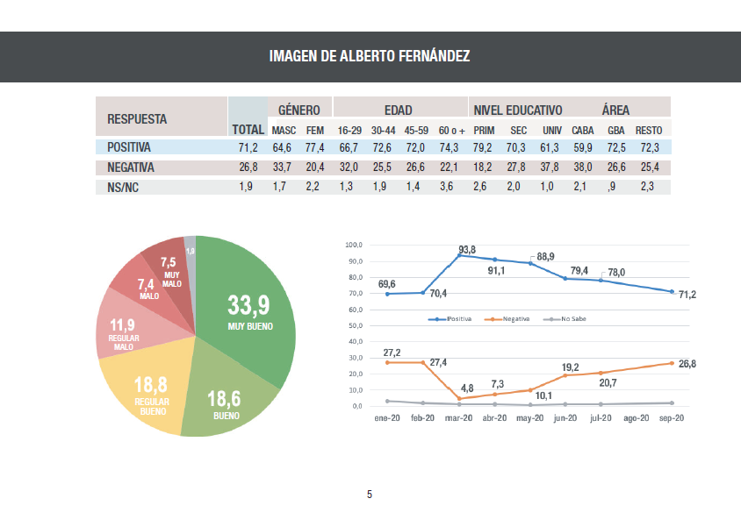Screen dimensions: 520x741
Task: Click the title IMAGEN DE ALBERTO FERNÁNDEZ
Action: point(370,57)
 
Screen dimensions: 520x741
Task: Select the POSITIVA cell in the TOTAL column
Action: point(247,147)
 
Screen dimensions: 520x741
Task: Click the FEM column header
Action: point(314,131)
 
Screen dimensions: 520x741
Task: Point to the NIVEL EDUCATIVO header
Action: point(518,110)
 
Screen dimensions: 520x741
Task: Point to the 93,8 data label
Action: point(466,250)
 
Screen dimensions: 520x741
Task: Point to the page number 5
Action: point(370,495)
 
